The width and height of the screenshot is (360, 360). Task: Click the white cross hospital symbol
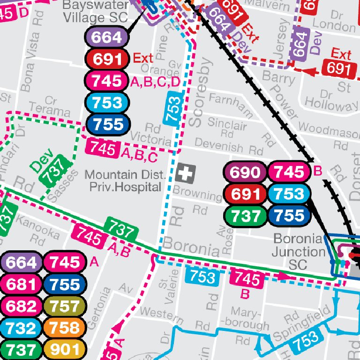click(x=186, y=174)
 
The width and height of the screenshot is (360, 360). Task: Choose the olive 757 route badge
click(x=66, y=306)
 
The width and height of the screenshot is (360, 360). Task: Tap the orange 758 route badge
click(x=66, y=328)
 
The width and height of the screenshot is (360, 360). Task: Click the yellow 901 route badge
click(x=66, y=350)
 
